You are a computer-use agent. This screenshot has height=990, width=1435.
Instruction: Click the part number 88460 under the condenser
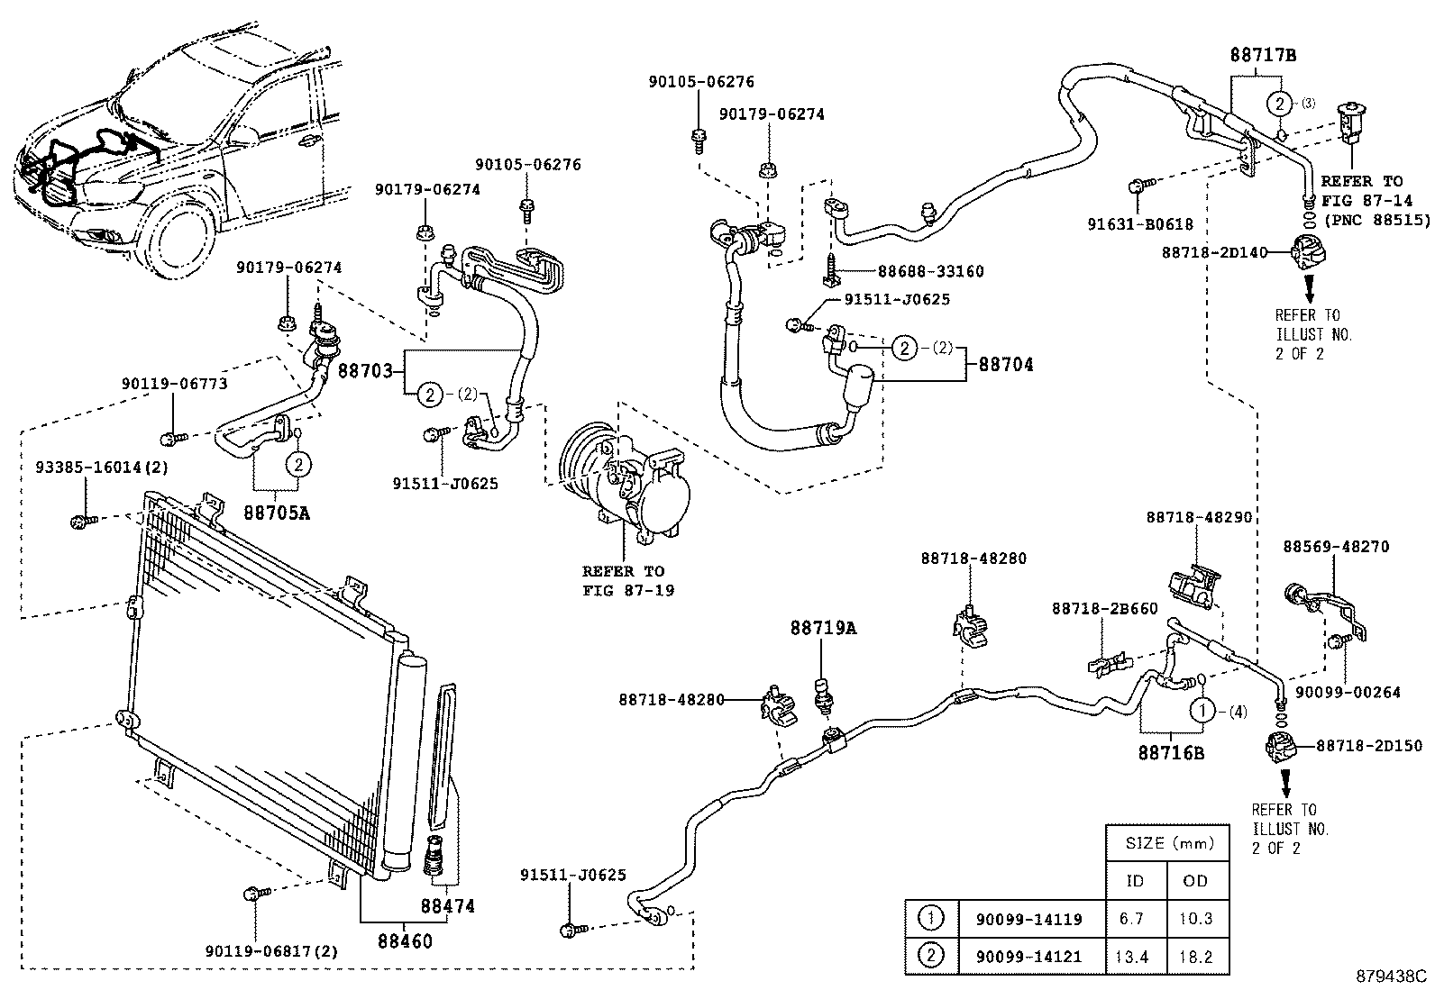coord(404,941)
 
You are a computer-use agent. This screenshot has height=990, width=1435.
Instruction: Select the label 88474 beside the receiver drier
coord(448,906)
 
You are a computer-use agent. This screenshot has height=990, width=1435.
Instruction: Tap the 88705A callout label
coord(276,513)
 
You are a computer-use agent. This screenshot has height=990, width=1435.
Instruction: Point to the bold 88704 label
coord(1006,365)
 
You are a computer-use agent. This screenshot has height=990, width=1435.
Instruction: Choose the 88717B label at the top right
coord(1262,55)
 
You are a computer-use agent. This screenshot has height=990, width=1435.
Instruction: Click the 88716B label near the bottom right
coord(1170,752)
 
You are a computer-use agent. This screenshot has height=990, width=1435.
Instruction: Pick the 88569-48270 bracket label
coord(1336,546)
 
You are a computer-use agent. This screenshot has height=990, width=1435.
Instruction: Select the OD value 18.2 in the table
coord(1195,957)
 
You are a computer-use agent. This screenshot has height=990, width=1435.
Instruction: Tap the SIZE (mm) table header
coord(1168,844)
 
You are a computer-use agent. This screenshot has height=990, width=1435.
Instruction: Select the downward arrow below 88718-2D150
coord(1284,779)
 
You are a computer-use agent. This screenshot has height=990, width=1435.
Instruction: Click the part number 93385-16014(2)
coord(102,468)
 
